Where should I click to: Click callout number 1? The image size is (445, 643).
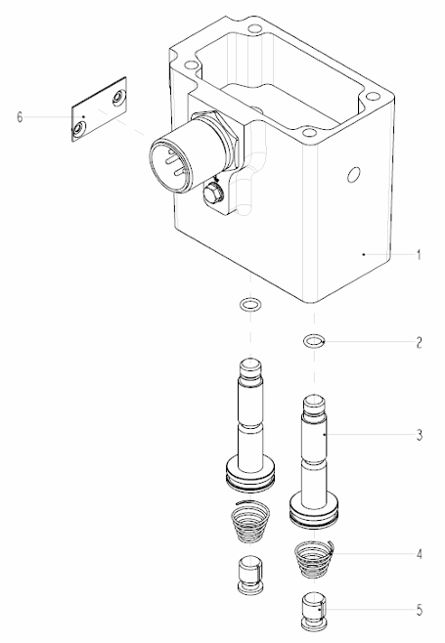[x=419, y=255]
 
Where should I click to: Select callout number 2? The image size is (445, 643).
[x=419, y=342]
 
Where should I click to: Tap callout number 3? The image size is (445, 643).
[x=419, y=435]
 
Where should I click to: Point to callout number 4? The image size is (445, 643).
[x=419, y=554]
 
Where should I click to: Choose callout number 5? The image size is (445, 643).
[x=419, y=610]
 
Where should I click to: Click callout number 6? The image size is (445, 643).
[x=20, y=117]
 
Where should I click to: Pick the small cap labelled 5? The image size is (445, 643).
[x=314, y=610]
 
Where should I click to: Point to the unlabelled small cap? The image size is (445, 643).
[x=250, y=575]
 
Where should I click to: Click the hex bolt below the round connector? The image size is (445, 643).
[x=212, y=193]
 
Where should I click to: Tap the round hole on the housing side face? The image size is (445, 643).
[x=353, y=174]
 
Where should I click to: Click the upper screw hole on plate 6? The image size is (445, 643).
[x=117, y=97]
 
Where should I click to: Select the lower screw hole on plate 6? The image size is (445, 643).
[x=77, y=130]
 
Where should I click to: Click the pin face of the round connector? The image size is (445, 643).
[x=170, y=164]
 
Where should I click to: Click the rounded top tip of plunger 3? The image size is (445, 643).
[x=314, y=404]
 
